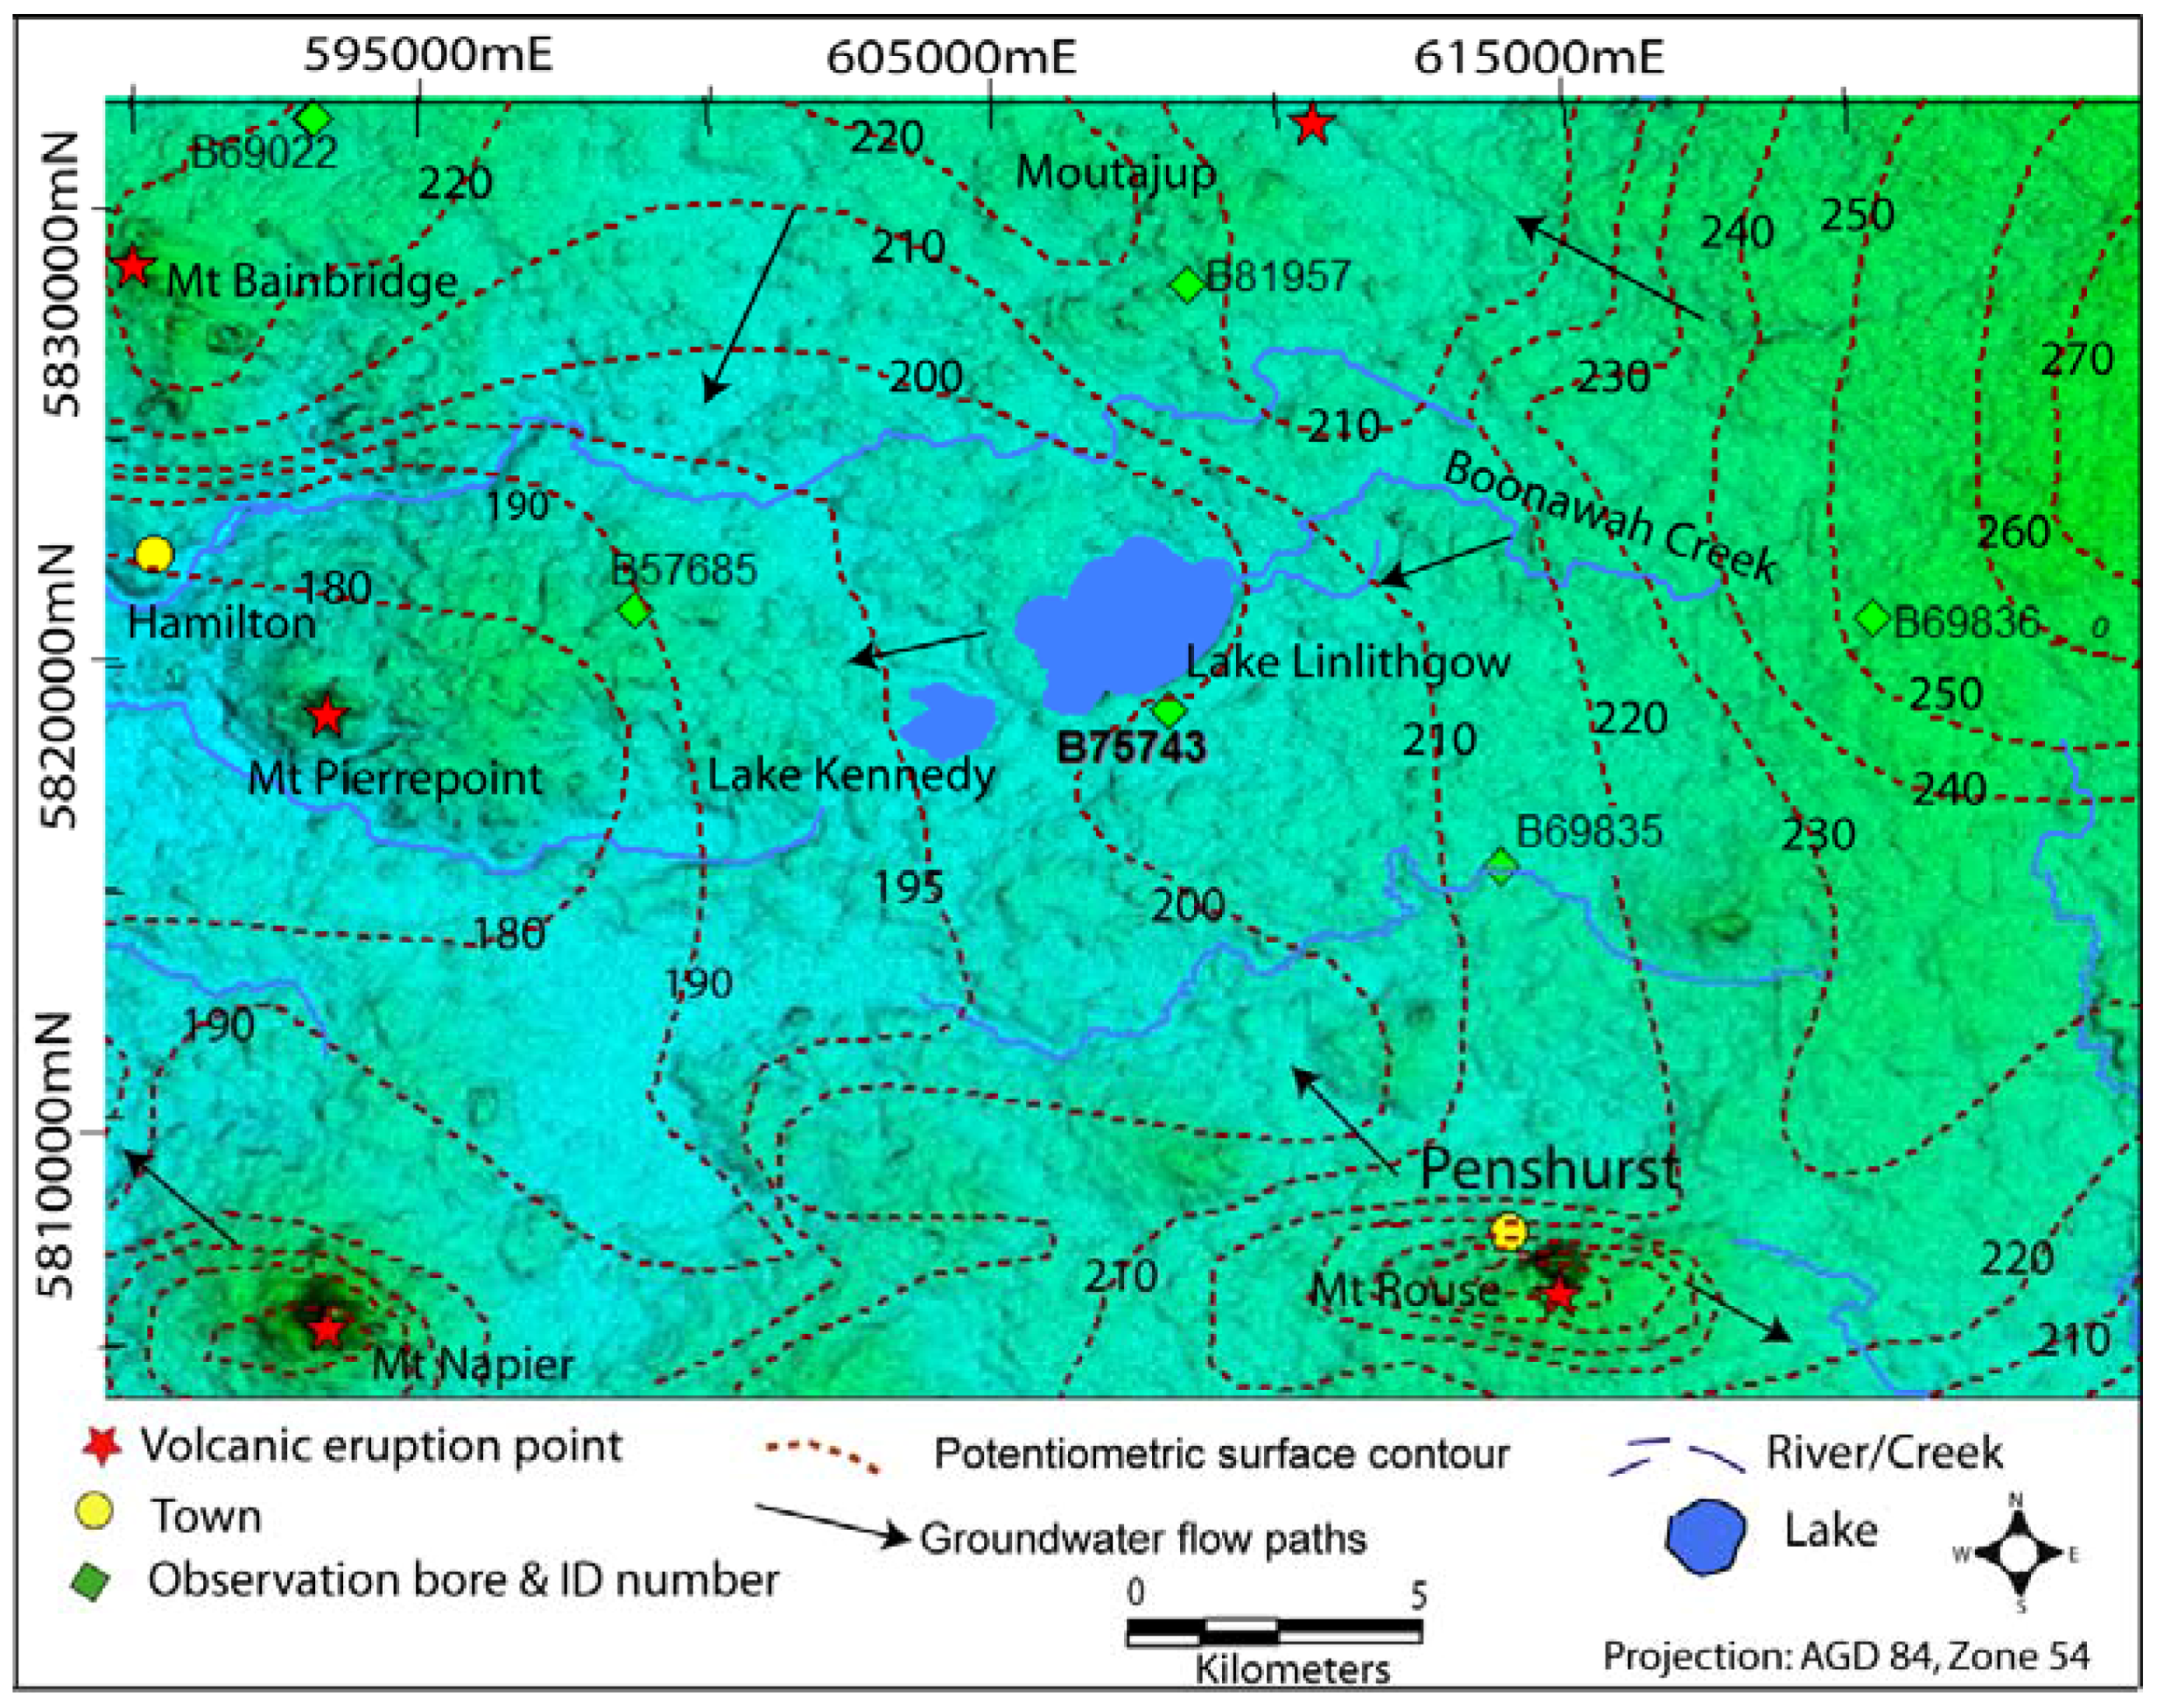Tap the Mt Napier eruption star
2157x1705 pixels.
(326, 1330)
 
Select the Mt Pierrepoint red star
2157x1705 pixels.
(327, 715)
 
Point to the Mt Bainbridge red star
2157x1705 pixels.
(133, 265)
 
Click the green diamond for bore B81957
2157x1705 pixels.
(1187, 284)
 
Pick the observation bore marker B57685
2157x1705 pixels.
(634, 609)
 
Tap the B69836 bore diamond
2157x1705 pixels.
(1872, 619)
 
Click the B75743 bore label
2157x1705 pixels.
(1131, 747)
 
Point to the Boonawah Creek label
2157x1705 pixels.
(1609, 517)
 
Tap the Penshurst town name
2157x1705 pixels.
(1549, 1168)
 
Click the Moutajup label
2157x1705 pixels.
(1116, 172)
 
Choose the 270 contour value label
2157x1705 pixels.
(2076, 360)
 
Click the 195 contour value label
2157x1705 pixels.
(909, 887)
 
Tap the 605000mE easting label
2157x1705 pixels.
(950, 56)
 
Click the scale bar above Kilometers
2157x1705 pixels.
(1274, 1632)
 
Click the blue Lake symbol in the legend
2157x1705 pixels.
(1704, 1536)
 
